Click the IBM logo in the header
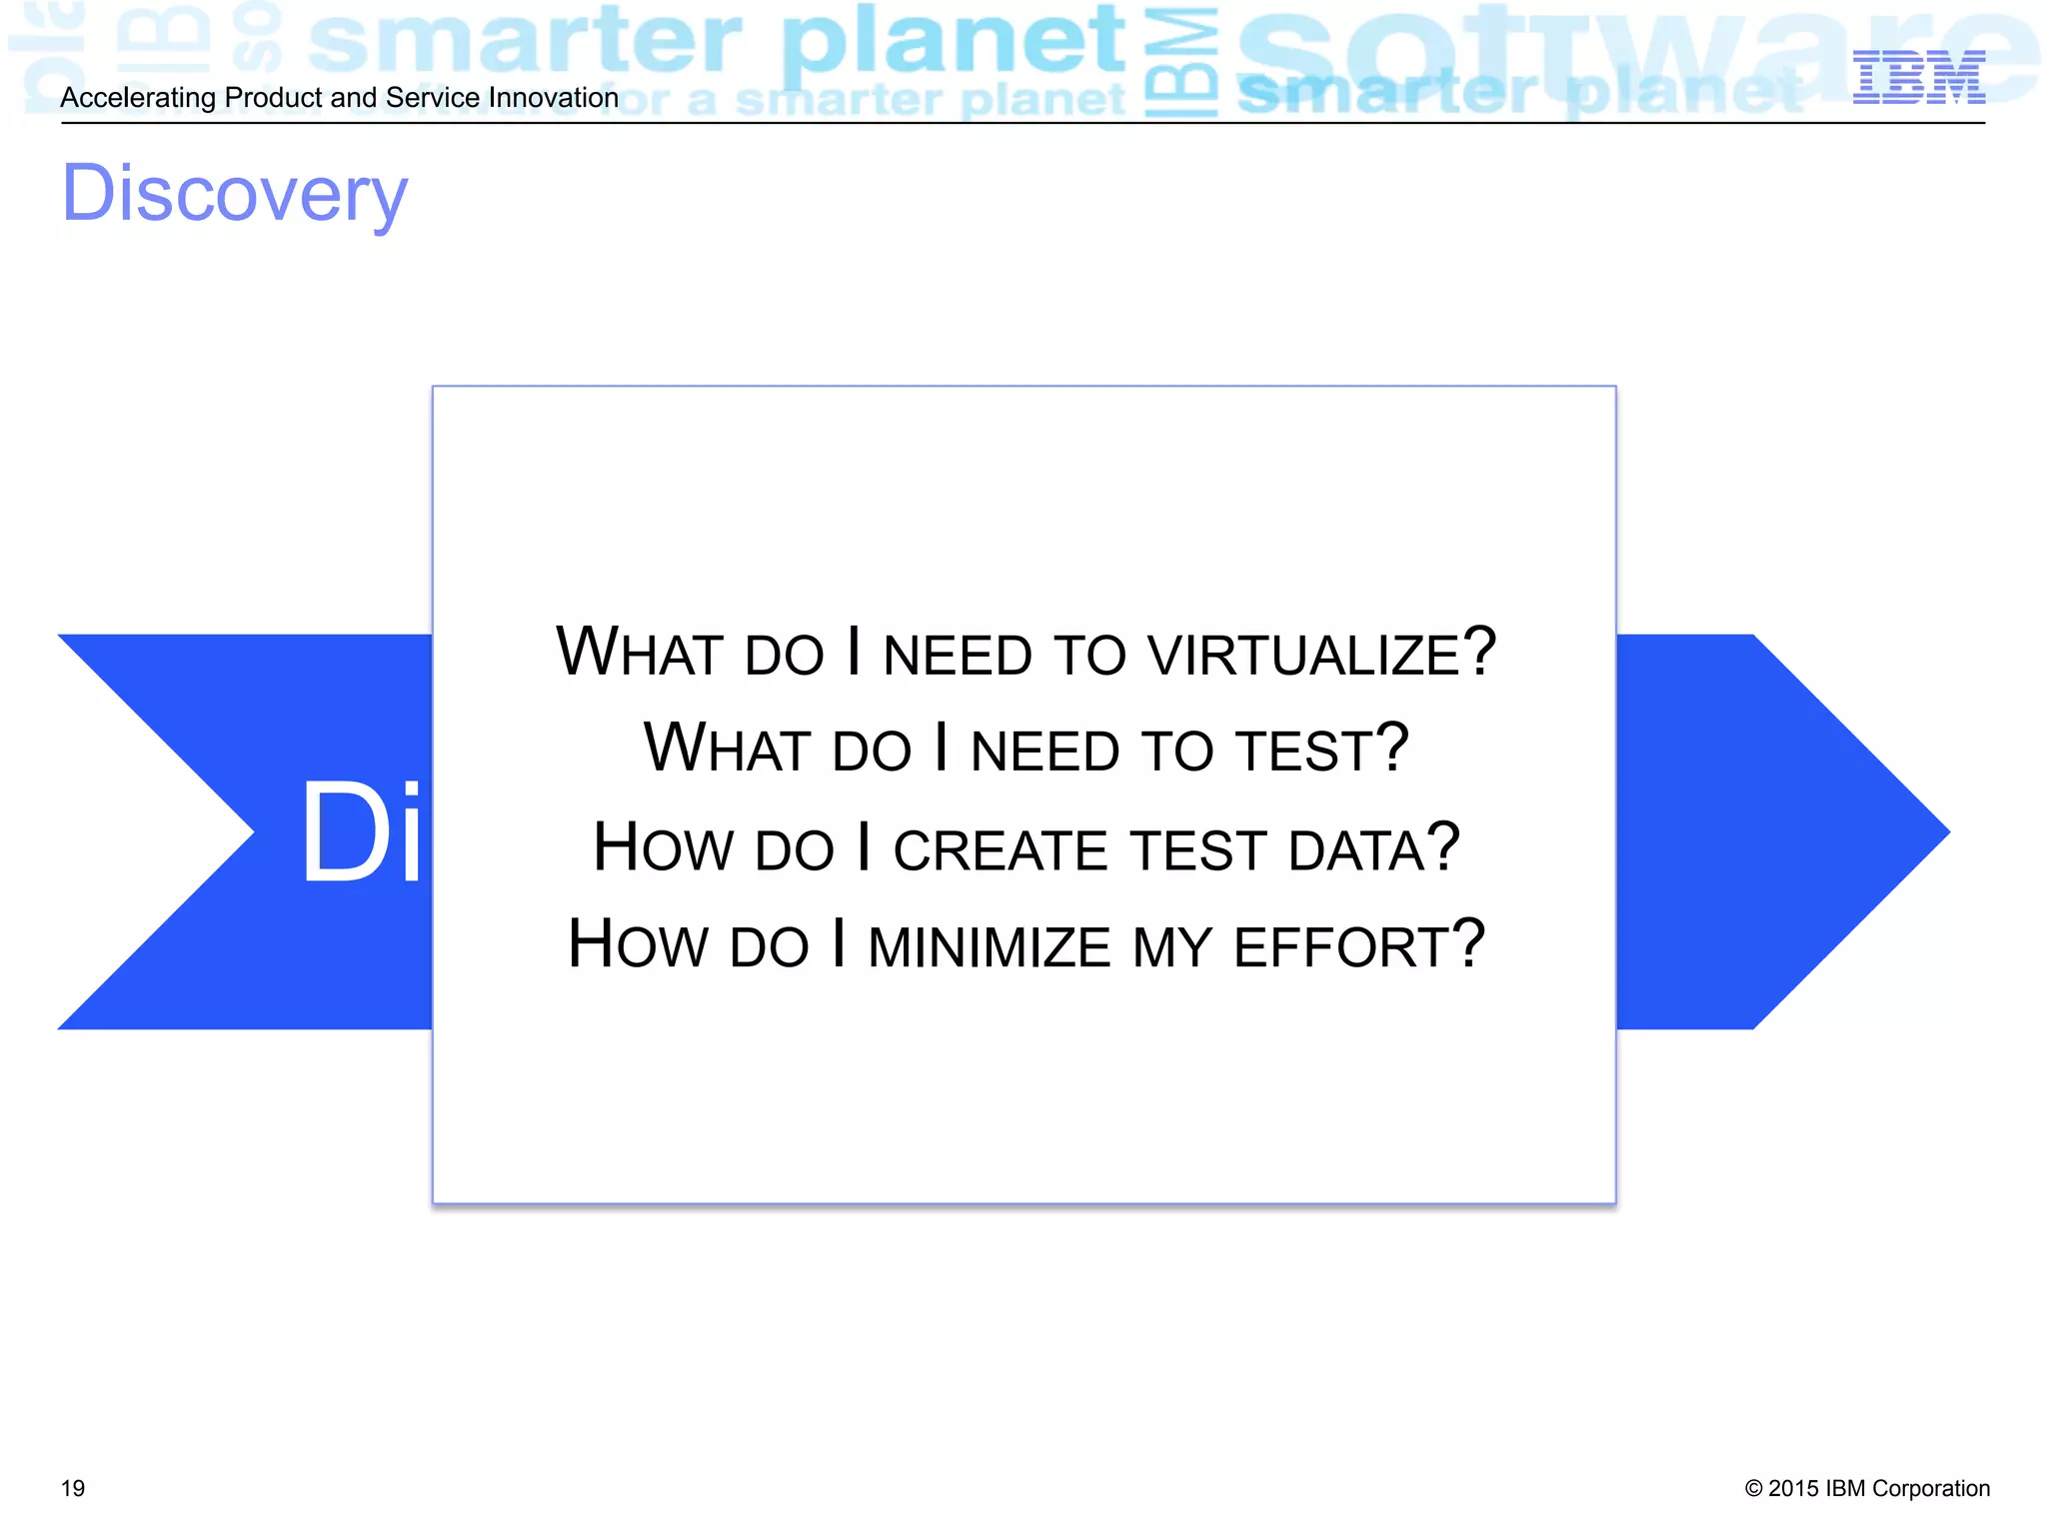1918,77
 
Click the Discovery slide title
235,194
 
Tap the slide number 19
73,1488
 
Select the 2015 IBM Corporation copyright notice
1866,1488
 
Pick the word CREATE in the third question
1001,849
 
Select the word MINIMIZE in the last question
989,946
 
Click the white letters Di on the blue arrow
362,832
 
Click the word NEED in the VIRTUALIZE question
957,655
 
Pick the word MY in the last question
1171,946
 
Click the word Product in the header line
273,98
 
